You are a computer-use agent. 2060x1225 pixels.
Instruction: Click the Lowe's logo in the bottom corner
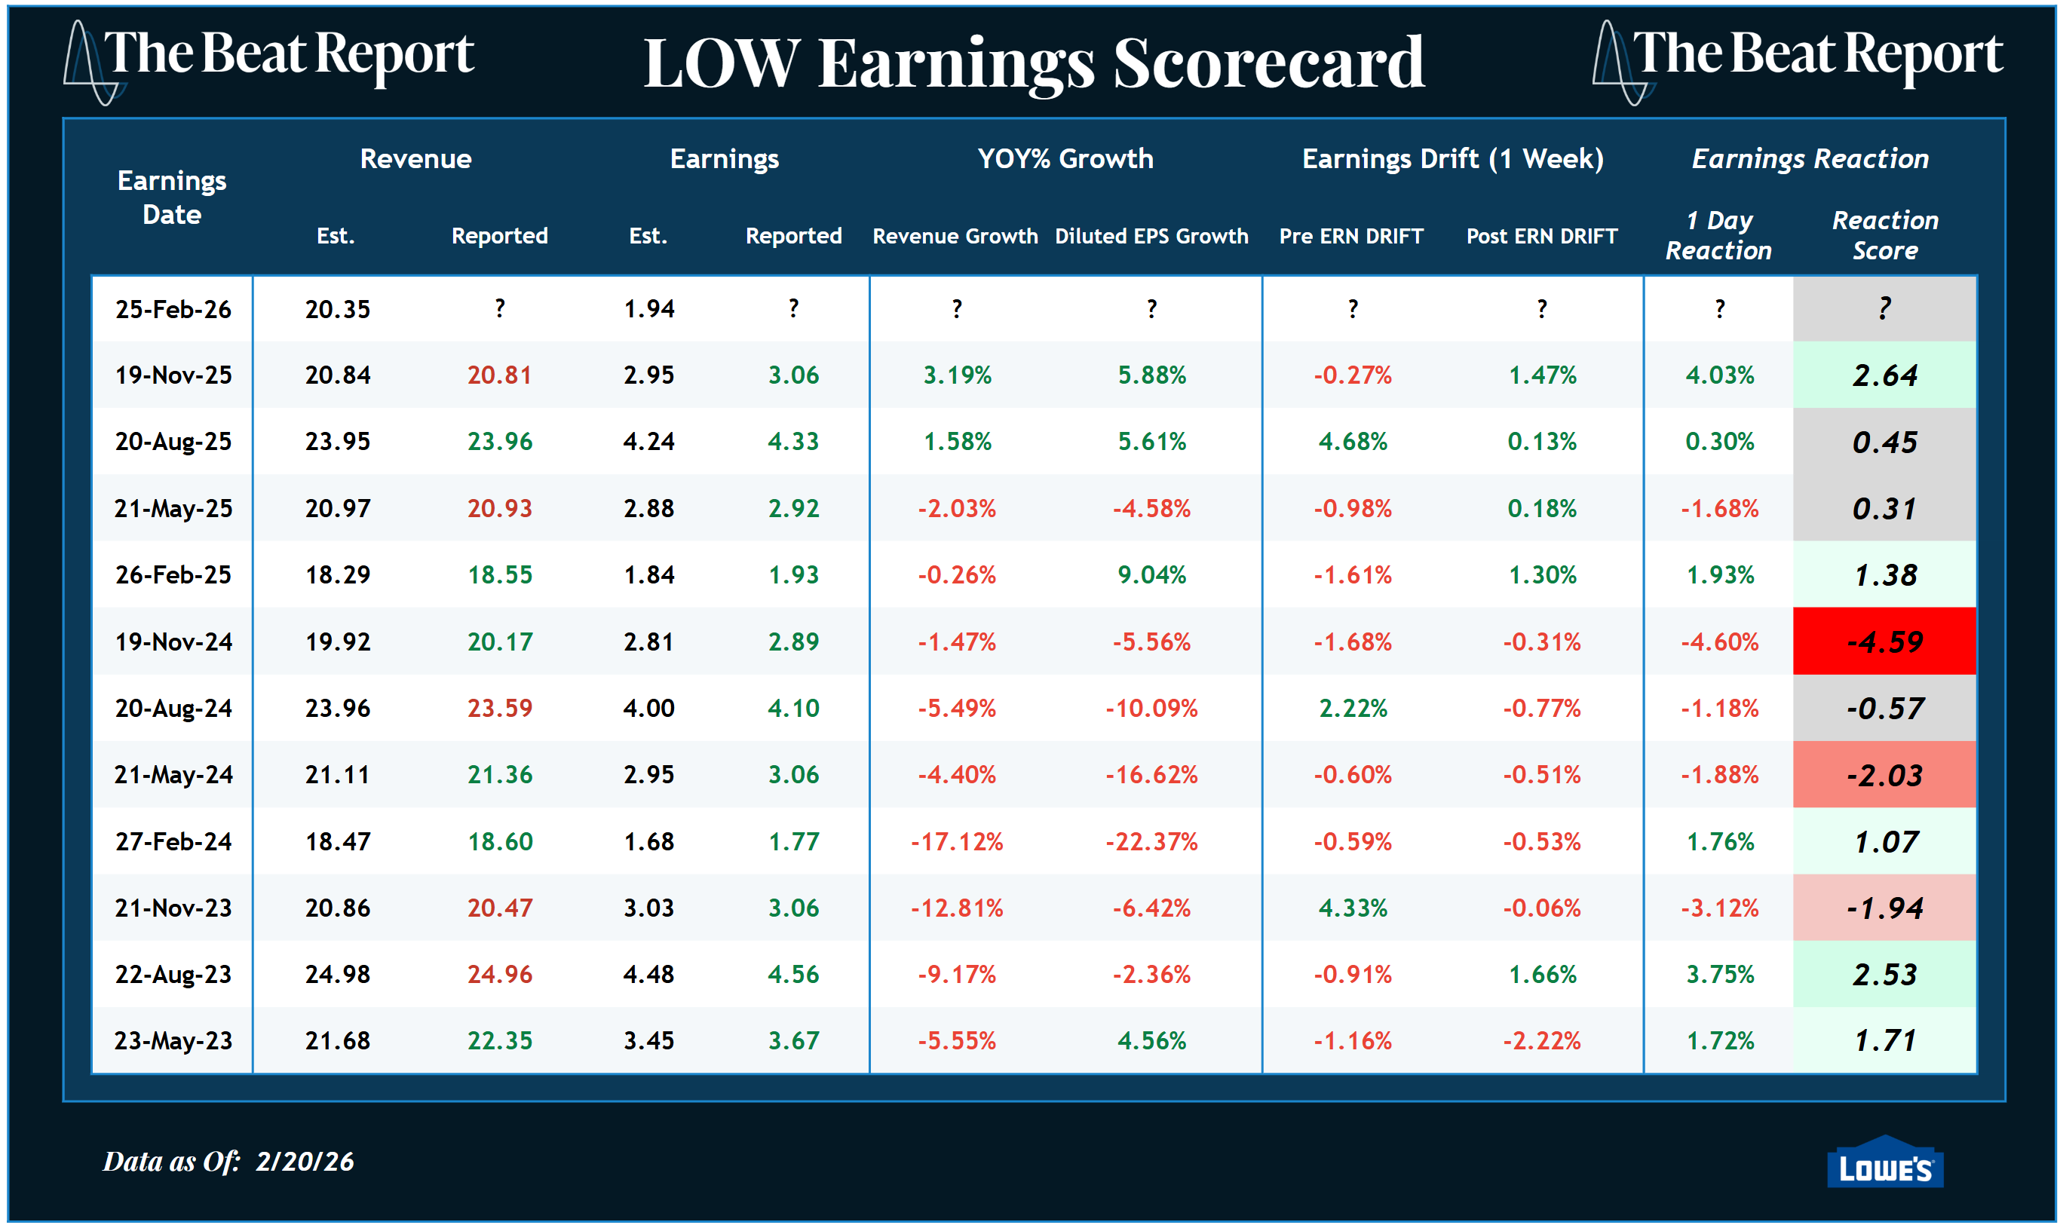1884,1165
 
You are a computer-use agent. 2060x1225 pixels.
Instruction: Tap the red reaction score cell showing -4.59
1884,642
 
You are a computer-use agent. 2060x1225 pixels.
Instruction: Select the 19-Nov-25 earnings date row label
173,375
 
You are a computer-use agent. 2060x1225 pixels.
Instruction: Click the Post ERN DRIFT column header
1540,236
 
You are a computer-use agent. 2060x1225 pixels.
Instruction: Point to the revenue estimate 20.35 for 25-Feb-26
338,310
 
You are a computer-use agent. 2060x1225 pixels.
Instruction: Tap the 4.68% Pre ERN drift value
1353,442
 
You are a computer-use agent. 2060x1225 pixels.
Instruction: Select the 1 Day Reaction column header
1718,235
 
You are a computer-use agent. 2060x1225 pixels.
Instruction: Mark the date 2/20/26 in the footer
305,1162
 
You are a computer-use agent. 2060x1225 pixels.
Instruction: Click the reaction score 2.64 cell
1884,375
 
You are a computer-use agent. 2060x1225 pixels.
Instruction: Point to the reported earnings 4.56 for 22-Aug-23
792,974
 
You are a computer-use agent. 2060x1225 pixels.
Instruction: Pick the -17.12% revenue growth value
956,841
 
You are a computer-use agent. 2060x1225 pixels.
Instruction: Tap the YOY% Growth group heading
1065,158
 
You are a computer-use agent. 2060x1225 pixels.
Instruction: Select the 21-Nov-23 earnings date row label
173,908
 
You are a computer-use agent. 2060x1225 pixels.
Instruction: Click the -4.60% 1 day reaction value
1719,642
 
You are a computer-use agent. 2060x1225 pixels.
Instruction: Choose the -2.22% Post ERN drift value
1540,1040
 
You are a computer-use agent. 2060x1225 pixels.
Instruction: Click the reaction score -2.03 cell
1884,775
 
